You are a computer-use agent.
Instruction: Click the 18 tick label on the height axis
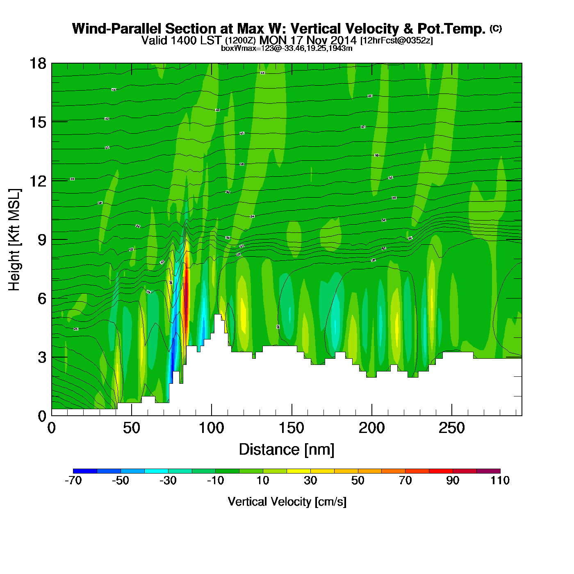pos(37,64)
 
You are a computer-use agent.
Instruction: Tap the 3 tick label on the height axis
pos(42,358)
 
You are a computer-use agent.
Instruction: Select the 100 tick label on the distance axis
pos(212,428)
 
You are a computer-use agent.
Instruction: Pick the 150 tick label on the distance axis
pos(292,428)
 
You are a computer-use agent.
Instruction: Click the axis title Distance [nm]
pos(287,450)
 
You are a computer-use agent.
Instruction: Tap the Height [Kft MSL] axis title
pos(14,240)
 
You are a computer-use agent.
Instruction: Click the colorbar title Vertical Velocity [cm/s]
pos(287,502)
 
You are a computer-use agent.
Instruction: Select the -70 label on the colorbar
pos(73,481)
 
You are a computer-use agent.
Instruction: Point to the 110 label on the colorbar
pos(500,481)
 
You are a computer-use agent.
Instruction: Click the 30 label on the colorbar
pos(310,481)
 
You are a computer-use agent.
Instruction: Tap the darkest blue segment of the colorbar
pos(85,471)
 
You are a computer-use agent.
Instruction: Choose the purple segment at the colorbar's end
pos(488,471)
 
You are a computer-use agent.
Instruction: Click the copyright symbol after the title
pos(496,28)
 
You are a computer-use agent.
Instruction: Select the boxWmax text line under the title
pos(287,48)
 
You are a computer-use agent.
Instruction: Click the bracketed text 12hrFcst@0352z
pos(396,41)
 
